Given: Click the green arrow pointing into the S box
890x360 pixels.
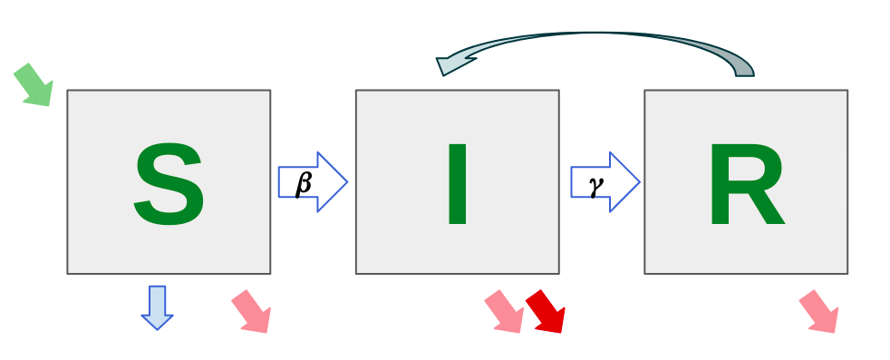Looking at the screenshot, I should [34, 84].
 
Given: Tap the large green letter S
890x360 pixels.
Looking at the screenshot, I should [169, 185].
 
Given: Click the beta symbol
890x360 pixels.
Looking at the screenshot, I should [305, 182].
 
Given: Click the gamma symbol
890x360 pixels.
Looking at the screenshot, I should [596, 182].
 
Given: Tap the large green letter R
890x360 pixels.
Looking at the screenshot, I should [745, 185].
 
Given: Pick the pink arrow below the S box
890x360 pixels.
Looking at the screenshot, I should [252, 311].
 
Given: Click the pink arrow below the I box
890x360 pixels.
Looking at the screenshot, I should [504, 311].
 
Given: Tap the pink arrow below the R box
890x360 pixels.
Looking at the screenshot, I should [818, 311].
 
